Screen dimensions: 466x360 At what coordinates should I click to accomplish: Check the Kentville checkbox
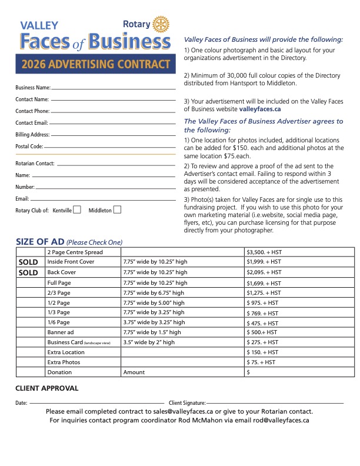[77, 209]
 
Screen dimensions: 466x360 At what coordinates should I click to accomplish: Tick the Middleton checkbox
[117, 209]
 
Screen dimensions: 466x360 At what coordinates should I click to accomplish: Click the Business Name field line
[114, 88]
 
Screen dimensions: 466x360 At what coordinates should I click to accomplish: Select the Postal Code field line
[109, 147]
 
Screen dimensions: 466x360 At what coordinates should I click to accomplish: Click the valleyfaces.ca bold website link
[259, 109]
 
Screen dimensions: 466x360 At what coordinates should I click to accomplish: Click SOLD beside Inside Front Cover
[29, 262]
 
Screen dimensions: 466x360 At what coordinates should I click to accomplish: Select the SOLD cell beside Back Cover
[29, 273]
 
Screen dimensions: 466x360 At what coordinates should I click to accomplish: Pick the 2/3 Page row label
[59, 293]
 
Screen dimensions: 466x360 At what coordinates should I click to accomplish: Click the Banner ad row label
[61, 332]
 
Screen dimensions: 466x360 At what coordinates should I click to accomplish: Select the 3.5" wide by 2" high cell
[148, 342]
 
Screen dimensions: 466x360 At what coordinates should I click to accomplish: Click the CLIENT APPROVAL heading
[46, 388]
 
